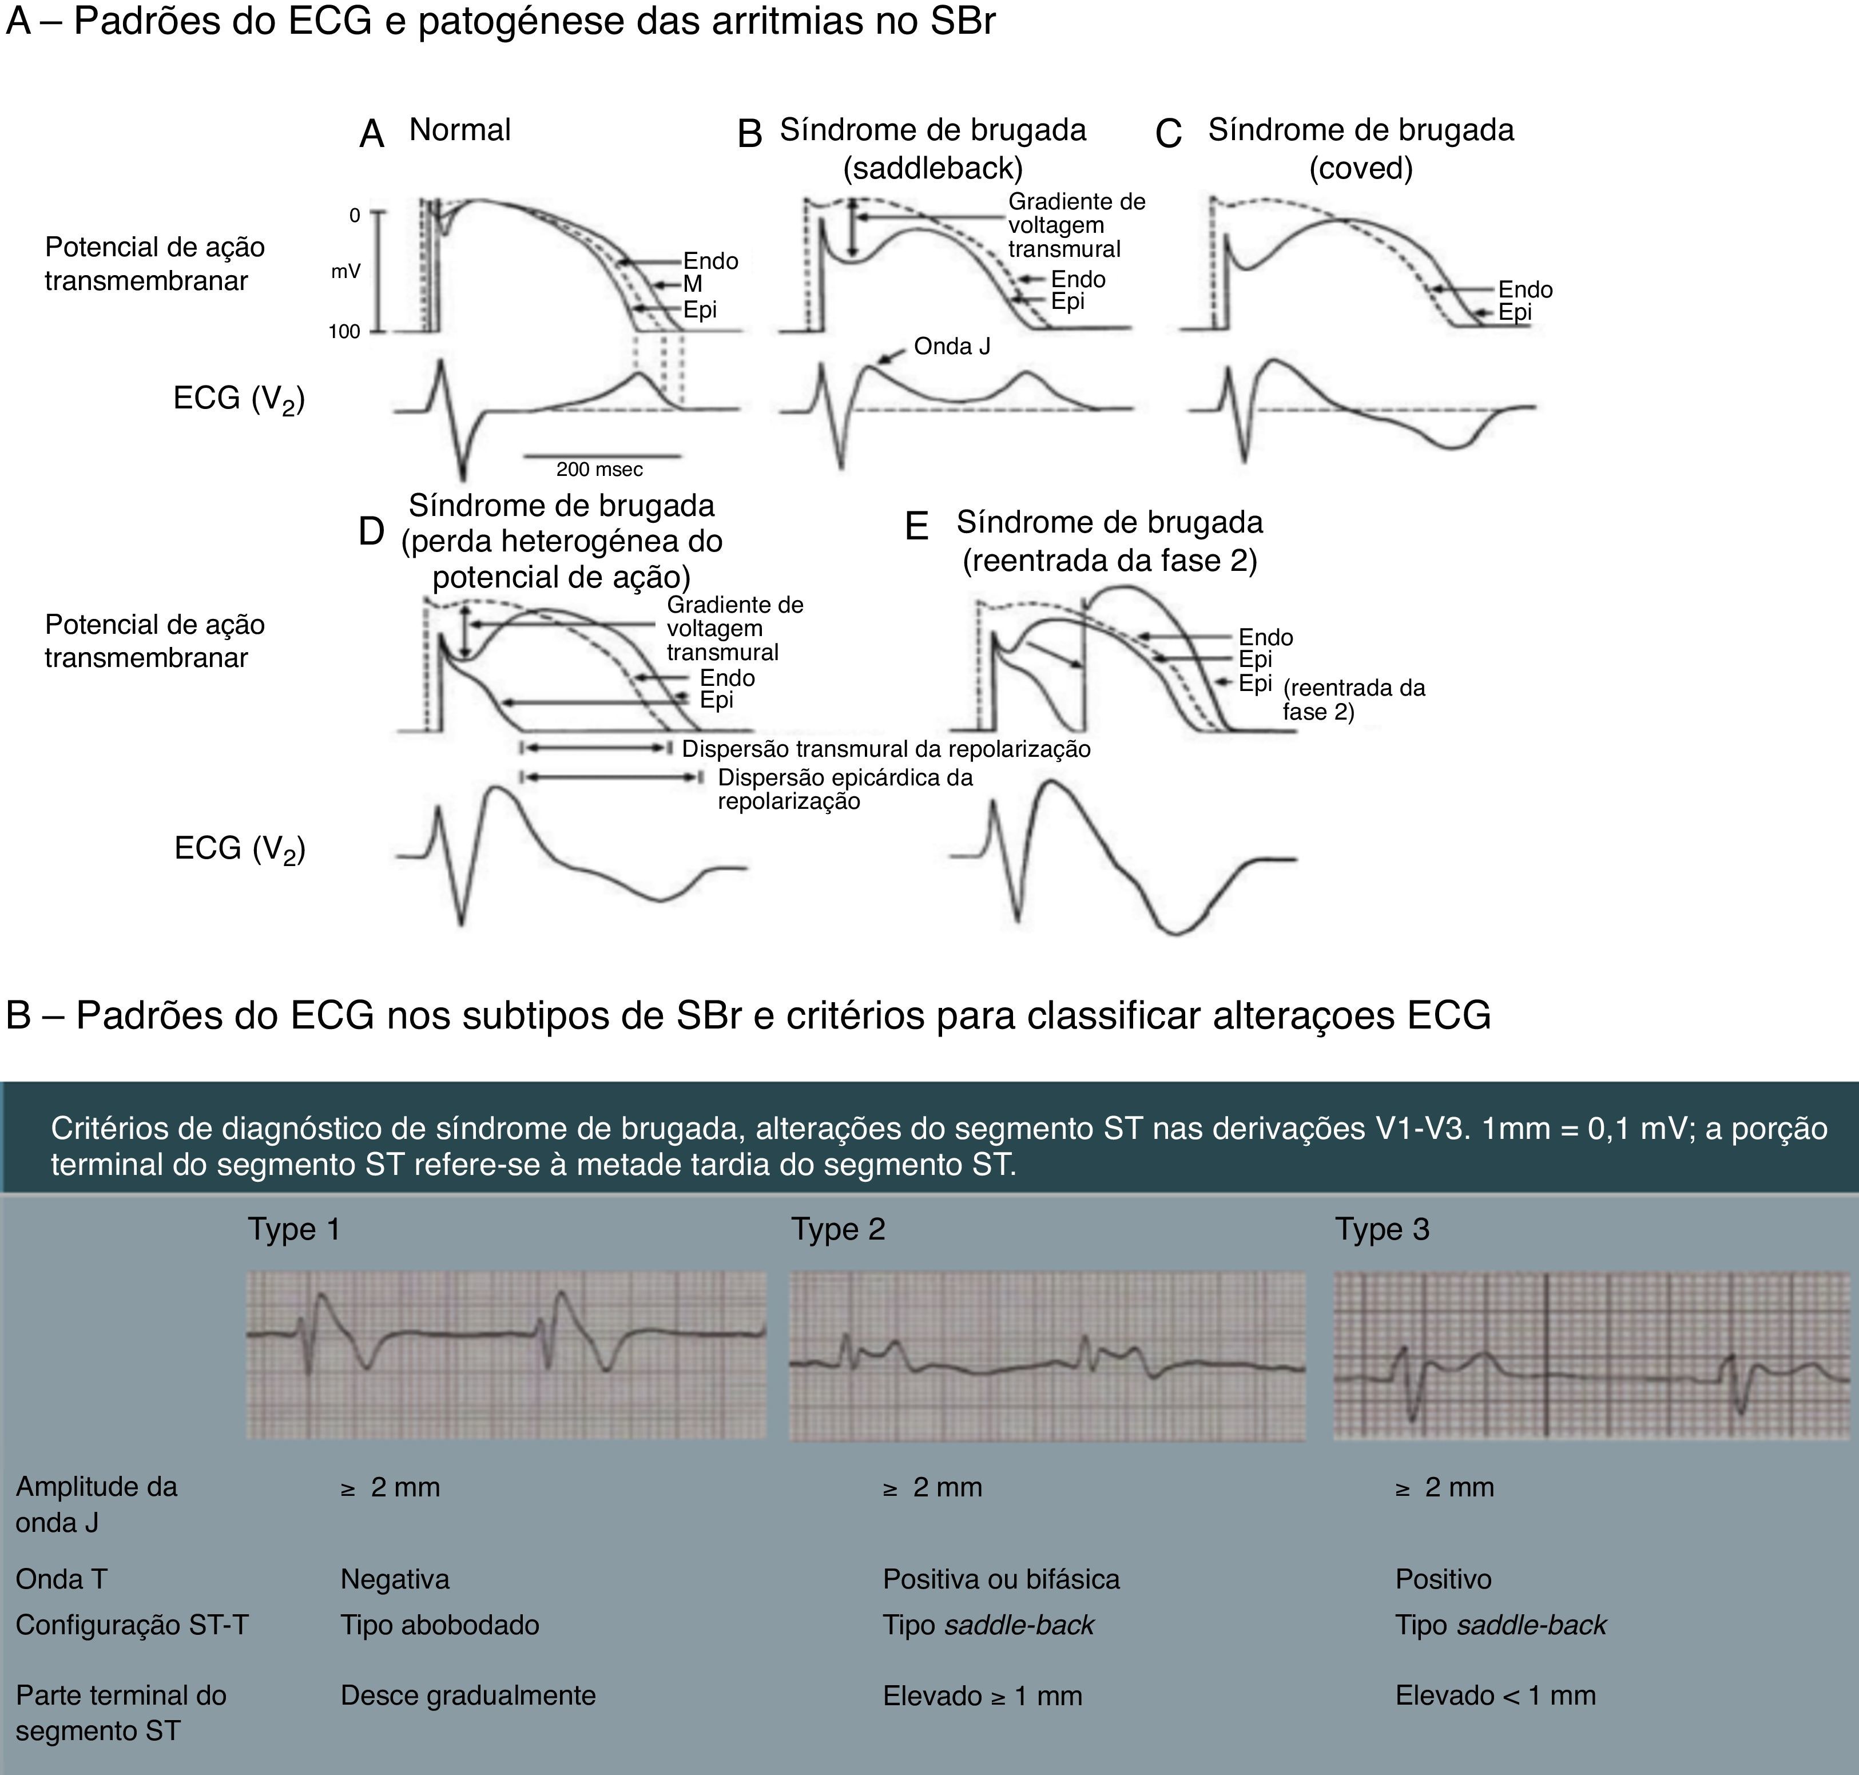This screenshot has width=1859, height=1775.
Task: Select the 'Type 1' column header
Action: point(293,1229)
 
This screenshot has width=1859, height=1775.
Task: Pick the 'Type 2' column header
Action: point(837,1229)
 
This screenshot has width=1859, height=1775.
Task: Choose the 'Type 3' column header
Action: point(1381,1229)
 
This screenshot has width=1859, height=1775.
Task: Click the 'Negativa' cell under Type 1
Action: point(395,1579)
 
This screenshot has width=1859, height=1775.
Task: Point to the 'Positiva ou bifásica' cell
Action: point(1001,1579)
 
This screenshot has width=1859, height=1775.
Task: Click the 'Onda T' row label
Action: point(62,1579)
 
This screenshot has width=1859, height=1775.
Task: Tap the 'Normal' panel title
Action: point(460,130)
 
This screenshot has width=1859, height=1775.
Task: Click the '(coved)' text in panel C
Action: point(1360,168)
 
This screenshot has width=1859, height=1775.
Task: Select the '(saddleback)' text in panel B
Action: point(933,168)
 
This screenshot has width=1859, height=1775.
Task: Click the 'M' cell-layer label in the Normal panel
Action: point(693,284)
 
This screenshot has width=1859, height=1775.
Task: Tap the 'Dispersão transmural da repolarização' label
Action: point(885,749)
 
